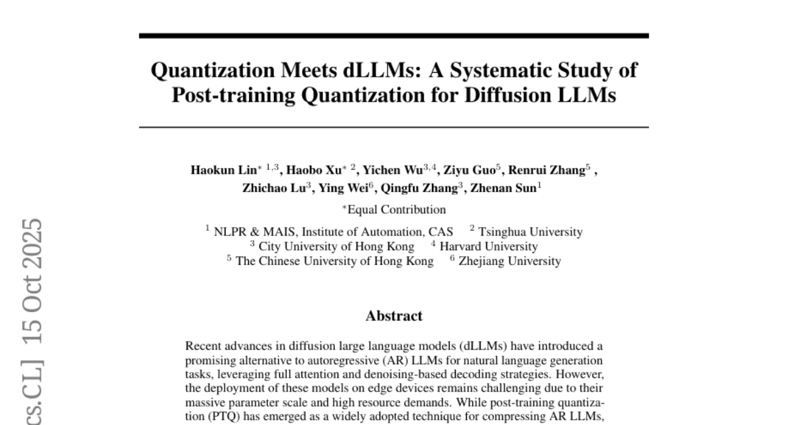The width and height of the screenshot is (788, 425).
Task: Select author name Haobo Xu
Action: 315,170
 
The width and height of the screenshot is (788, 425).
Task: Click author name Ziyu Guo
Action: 469,170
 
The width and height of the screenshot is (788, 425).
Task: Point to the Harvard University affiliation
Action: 488,247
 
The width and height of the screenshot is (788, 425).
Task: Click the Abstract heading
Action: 394,316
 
